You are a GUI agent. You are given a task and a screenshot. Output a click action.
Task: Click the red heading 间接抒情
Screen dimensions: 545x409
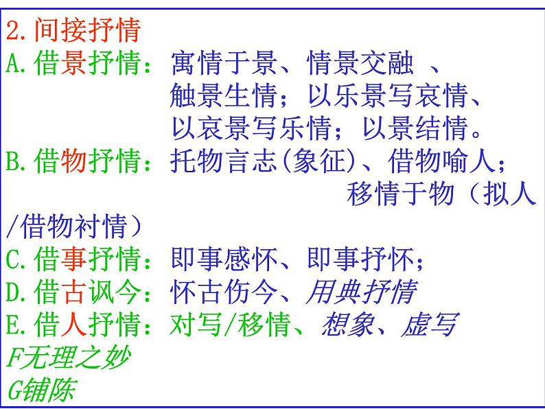(87, 31)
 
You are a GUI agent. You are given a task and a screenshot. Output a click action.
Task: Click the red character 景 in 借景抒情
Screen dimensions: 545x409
(73, 63)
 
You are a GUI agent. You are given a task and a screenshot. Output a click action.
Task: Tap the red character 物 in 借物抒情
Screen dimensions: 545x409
(73, 161)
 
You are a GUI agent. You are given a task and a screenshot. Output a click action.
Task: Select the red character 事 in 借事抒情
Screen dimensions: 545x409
(73, 259)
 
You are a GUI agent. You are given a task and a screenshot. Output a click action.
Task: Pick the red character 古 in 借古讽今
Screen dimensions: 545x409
(73, 292)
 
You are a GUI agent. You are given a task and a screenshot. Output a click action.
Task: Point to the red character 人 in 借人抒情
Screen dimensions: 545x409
(73, 324)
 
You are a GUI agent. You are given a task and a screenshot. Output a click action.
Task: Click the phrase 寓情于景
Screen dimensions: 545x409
(224, 63)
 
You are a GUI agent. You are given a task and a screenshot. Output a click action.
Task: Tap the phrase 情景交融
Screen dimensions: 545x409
(360, 63)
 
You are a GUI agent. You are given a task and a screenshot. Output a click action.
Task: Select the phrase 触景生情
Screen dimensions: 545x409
(224, 95)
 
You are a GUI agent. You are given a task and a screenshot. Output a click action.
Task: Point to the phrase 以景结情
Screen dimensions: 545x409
(415, 128)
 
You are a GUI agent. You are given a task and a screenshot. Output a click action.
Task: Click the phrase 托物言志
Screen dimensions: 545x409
(224, 161)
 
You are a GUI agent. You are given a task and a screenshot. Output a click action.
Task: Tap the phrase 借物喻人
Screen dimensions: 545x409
(442, 161)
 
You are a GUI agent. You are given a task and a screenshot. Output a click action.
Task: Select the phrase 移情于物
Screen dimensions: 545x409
(401, 194)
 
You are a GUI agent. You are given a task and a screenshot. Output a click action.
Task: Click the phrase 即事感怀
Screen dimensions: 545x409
(224, 259)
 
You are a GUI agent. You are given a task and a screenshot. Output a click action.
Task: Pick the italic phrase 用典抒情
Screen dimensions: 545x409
(362, 292)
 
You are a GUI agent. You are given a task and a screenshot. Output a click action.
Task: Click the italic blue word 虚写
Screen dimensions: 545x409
(430, 324)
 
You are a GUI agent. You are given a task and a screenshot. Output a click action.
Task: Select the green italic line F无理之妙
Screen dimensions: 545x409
(69, 357)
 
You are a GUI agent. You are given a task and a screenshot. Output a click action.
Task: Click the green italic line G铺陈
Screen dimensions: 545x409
(41, 390)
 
